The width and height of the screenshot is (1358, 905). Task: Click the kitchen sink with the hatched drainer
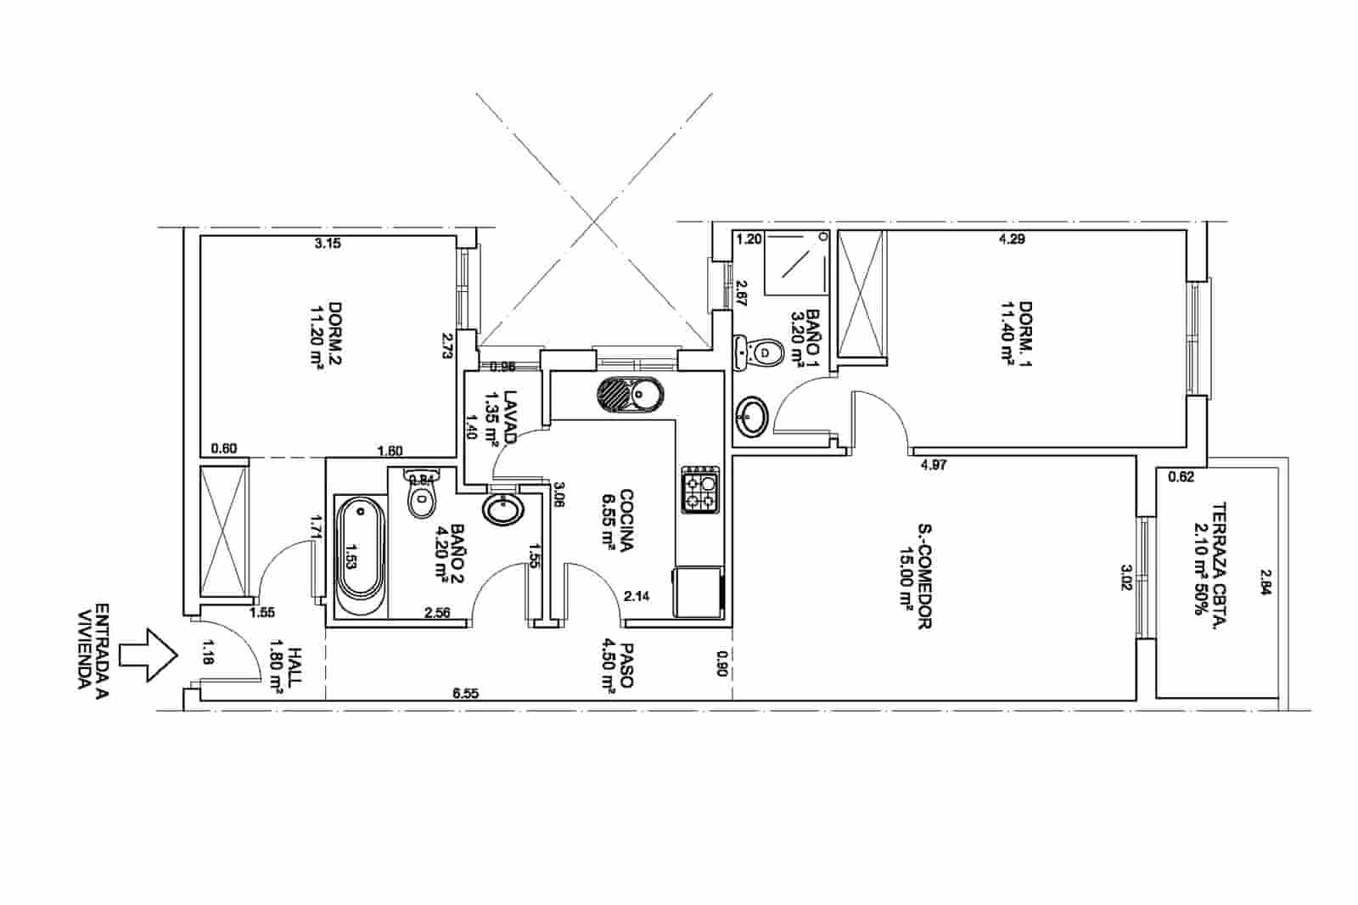click(x=630, y=395)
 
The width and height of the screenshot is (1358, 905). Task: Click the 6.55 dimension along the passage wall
click(x=466, y=694)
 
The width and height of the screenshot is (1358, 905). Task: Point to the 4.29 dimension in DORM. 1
click(x=1012, y=239)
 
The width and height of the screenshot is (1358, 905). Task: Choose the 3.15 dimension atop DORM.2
click(x=327, y=244)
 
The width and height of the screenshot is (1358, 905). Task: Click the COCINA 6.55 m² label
click(x=617, y=520)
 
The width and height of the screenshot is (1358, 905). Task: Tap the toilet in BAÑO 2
click(x=421, y=496)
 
